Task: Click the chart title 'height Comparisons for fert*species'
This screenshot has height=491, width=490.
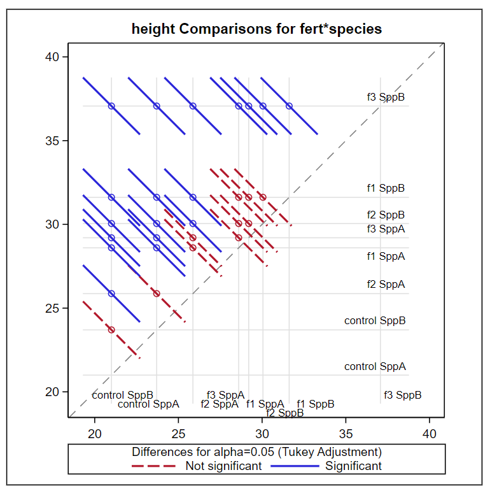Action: tap(256, 29)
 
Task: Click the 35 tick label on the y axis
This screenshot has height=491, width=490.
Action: tap(52, 141)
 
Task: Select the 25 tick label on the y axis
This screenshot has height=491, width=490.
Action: tap(52, 308)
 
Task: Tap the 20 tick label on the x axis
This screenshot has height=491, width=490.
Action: tap(95, 434)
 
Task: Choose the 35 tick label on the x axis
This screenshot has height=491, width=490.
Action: tap(346, 434)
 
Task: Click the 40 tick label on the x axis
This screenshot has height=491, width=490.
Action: tap(430, 434)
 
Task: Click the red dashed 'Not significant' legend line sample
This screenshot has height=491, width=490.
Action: tap(153, 466)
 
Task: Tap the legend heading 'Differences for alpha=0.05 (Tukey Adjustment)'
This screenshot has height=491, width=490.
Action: tap(256, 452)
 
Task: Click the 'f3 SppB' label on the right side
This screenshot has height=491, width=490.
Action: tap(386, 97)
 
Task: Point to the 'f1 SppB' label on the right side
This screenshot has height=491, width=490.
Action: tap(386, 188)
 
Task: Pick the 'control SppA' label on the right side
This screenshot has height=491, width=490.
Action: tap(375, 366)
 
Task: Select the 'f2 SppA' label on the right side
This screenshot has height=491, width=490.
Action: tap(386, 284)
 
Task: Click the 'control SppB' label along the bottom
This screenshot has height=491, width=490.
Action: tap(122, 395)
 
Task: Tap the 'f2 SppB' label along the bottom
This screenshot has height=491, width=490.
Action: tap(284, 413)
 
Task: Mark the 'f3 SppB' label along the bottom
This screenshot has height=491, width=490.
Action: tap(402, 395)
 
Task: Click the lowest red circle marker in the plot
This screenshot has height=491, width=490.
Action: tap(111, 329)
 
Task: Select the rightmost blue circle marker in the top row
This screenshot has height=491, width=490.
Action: tap(289, 106)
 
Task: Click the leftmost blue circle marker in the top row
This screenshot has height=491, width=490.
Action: tap(111, 106)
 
